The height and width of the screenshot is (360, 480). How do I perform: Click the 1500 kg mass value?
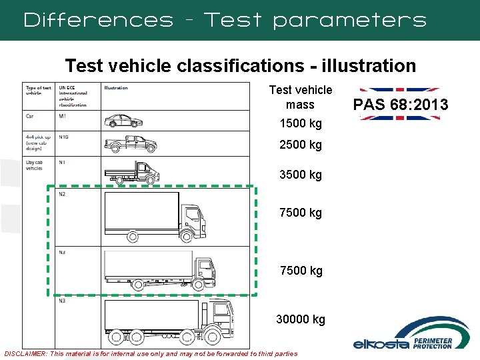coord(300,123)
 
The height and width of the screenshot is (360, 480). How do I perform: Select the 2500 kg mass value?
coord(300,145)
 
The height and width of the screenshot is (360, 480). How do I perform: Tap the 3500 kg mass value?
coord(300,175)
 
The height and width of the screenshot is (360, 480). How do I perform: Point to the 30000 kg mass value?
coord(301,319)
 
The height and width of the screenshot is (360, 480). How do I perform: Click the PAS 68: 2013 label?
coord(400,105)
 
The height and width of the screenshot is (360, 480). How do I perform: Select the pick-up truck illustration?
coord(131,143)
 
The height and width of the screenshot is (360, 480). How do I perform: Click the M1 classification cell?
coord(63,116)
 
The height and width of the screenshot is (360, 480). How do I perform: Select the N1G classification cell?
coord(64,137)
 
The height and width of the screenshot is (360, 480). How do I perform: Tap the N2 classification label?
coord(62,194)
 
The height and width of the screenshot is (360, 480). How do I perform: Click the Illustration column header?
coord(116,88)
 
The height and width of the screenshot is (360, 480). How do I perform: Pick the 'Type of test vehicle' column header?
coord(38,91)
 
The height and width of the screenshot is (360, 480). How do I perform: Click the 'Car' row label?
coord(30,116)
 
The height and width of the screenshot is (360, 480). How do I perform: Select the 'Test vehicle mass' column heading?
coord(300,97)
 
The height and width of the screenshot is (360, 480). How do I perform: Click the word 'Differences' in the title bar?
coord(98,20)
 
